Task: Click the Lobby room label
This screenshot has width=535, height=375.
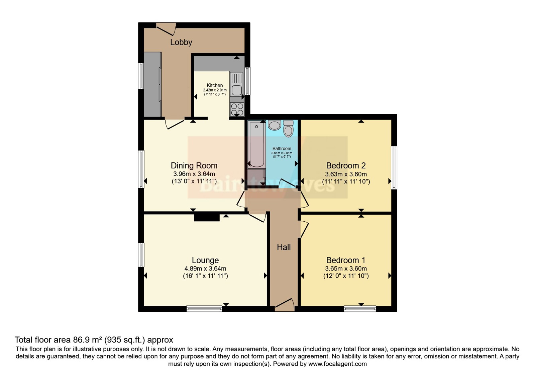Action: click(x=181, y=42)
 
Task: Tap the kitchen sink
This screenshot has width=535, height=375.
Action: click(x=236, y=90)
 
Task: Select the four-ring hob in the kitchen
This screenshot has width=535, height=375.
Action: click(x=237, y=109)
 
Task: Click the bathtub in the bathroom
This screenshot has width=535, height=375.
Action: click(x=257, y=145)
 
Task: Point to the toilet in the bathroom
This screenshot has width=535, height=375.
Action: click(x=288, y=129)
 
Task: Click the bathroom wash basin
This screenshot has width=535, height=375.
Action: click(x=275, y=125)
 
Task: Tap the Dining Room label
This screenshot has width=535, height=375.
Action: click(x=194, y=165)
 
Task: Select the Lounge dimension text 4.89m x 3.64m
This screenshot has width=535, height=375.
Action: click(x=205, y=269)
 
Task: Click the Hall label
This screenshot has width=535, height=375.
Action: click(x=284, y=247)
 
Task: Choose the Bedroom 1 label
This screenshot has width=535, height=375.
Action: click(x=346, y=260)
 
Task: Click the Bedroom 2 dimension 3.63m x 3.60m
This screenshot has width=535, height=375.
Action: click(x=346, y=174)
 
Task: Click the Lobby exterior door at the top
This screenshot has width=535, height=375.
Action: click(x=166, y=28)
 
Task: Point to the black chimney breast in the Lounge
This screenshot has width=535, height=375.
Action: click(x=207, y=218)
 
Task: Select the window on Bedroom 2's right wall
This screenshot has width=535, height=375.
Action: click(x=394, y=167)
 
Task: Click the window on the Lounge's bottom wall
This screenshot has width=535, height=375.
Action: click(x=204, y=309)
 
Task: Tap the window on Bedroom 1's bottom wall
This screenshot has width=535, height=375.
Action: click(x=360, y=309)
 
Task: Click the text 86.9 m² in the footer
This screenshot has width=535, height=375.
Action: click(x=87, y=340)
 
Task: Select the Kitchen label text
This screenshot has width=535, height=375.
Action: click(x=215, y=85)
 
